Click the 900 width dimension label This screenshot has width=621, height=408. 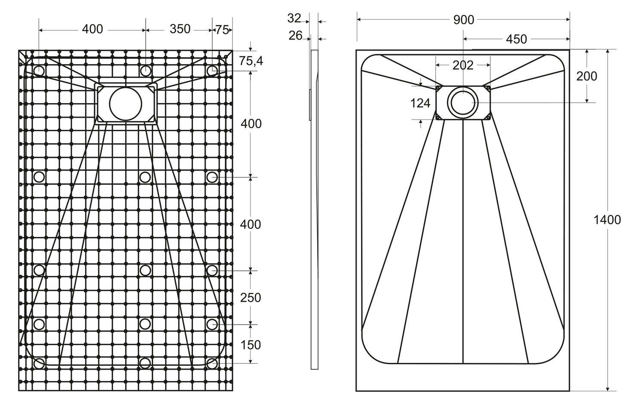(x=463, y=20)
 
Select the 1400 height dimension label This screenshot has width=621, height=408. (x=607, y=220)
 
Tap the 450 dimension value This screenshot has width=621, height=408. (x=516, y=39)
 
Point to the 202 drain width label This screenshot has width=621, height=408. (x=463, y=65)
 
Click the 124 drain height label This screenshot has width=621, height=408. (x=420, y=103)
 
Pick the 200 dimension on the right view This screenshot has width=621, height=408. (x=587, y=76)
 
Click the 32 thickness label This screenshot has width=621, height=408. (x=294, y=18)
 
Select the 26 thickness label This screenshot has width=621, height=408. (x=296, y=35)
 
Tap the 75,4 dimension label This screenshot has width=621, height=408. (x=251, y=61)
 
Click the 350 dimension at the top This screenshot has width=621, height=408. (x=180, y=29)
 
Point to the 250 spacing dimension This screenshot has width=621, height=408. (x=251, y=298)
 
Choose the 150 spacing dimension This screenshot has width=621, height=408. (x=251, y=345)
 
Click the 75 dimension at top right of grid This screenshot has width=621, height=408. (x=222, y=30)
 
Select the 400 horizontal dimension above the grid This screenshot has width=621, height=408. (x=92, y=29)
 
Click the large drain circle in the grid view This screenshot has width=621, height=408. (x=125, y=104)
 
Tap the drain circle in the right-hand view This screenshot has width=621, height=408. (x=463, y=103)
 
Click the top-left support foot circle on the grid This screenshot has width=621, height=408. (x=39, y=70)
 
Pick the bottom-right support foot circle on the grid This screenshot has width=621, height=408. (x=211, y=363)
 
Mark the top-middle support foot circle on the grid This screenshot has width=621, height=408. (x=145, y=71)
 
